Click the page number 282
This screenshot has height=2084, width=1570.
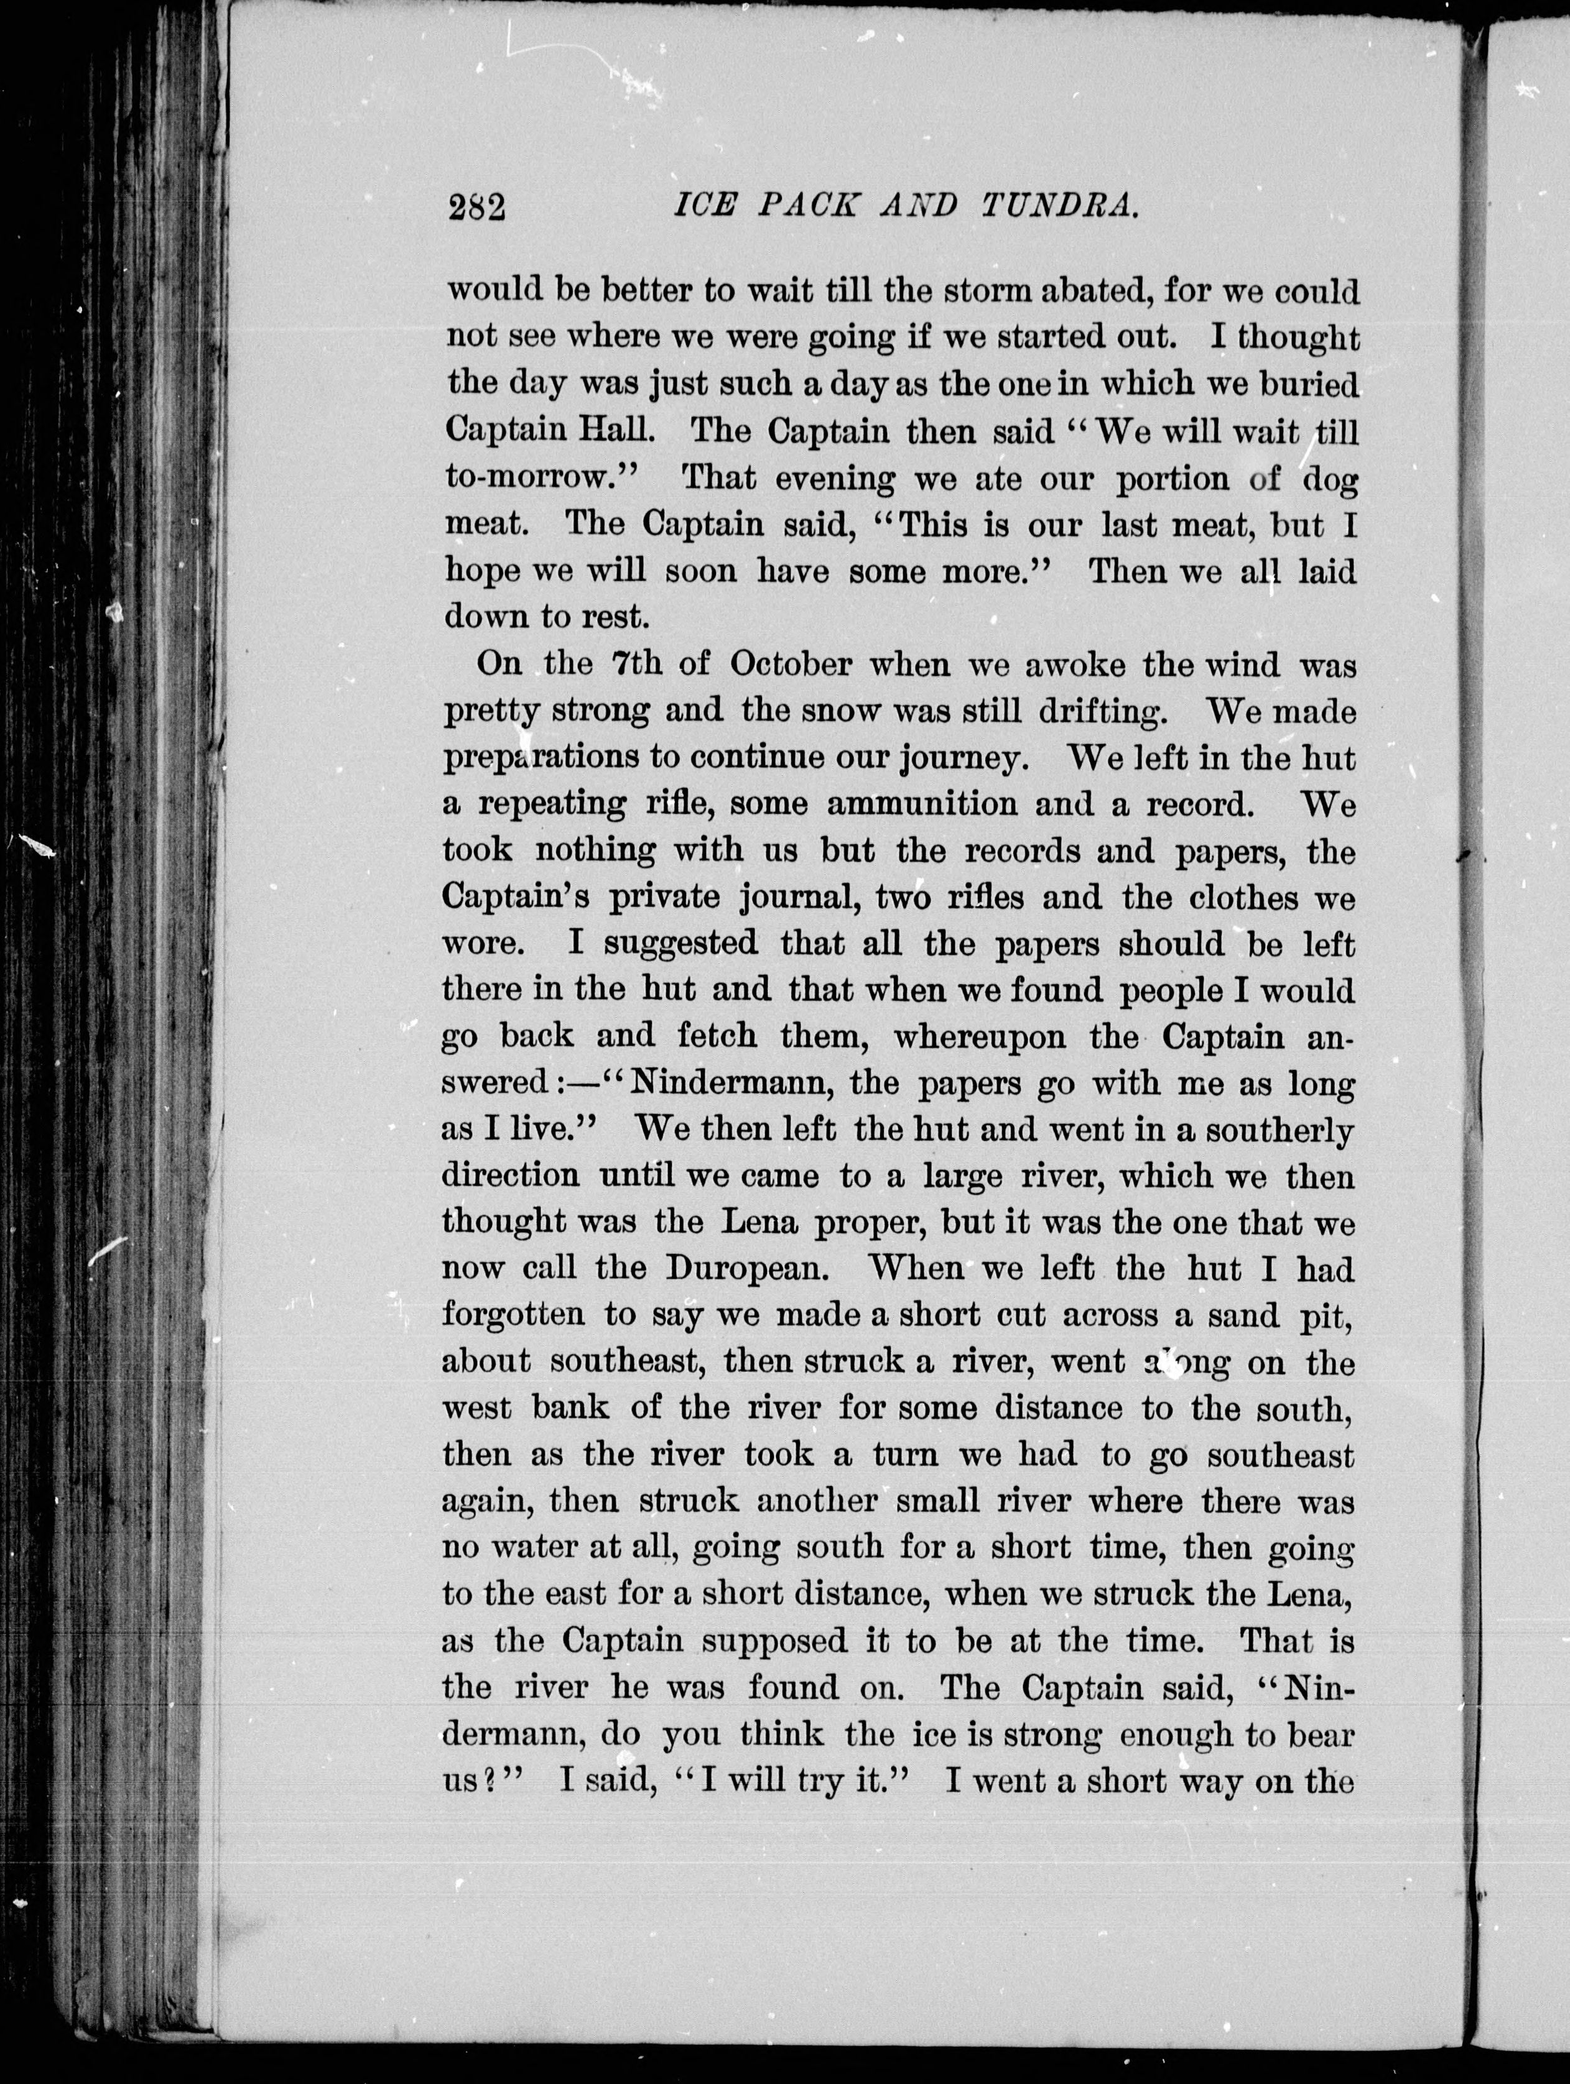click(478, 206)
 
